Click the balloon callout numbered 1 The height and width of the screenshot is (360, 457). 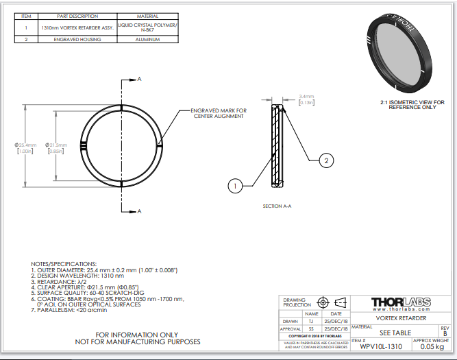235,185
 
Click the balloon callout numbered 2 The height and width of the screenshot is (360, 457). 328,160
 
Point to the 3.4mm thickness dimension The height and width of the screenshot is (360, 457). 307,97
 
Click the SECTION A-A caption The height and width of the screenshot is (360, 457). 277,206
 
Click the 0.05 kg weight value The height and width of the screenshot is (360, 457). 432,347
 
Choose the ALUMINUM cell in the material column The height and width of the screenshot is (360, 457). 148,40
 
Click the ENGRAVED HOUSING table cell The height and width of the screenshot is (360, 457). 77,40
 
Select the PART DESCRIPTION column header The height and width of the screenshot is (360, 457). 77,16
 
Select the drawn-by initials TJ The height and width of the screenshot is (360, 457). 311,320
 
